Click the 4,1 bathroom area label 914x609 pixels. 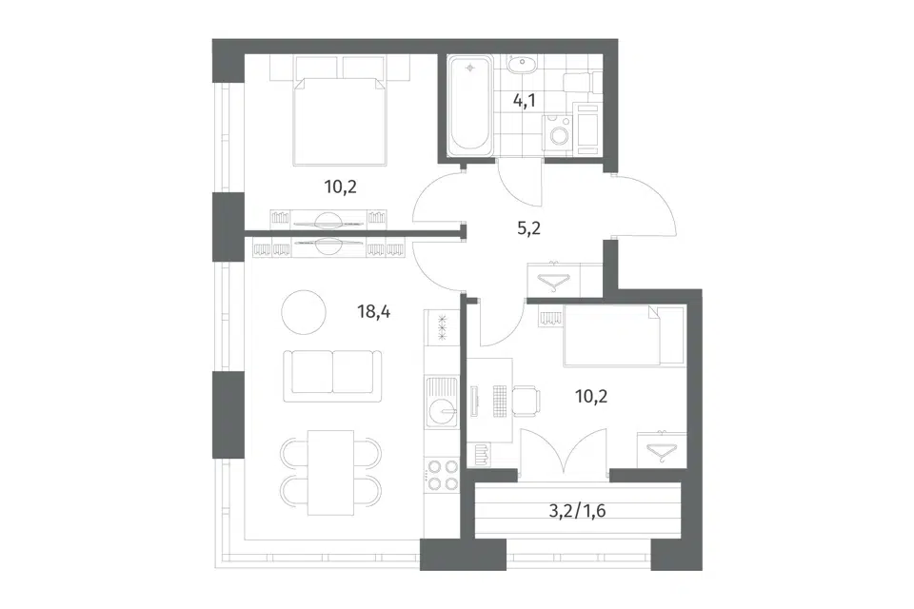click(x=524, y=101)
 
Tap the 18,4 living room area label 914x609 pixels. click(x=373, y=312)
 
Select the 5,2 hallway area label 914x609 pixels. click(x=528, y=227)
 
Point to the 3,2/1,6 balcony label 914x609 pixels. click(x=578, y=511)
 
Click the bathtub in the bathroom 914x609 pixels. click(x=469, y=105)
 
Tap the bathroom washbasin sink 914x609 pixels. click(x=522, y=64)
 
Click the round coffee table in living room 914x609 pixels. click(x=304, y=312)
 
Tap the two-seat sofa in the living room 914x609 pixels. click(x=333, y=376)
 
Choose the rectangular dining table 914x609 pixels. click(x=330, y=473)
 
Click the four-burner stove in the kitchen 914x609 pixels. click(x=441, y=475)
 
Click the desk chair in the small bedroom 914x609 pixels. click(x=527, y=401)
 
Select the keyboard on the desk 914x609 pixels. click(x=499, y=401)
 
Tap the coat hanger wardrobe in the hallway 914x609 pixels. click(x=554, y=279)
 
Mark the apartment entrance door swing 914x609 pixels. click(x=645, y=206)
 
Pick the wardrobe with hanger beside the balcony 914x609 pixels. click(x=662, y=449)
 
